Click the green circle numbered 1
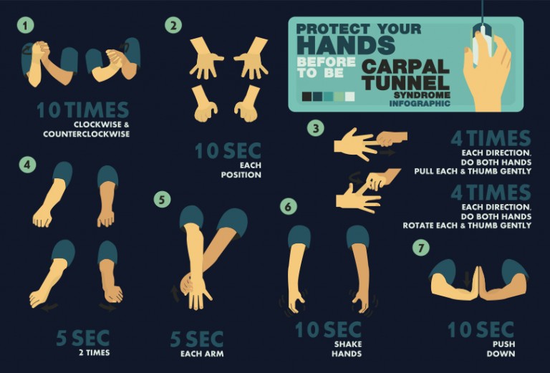[x=26, y=26]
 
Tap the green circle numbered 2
[x=173, y=26]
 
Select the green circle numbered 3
[x=315, y=129]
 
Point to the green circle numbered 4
[x=27, y=165]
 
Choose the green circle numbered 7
[x=420, y=248]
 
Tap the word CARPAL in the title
[x=405, y=67]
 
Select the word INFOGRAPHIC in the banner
[x=420, y=104]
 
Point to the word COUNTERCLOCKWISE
[x=86, y=134]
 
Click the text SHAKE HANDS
[x=347, y=349]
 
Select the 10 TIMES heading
[x=83, y=110]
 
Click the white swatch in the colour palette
[x=349, y=96]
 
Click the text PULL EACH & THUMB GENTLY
[x=473, y=171]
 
